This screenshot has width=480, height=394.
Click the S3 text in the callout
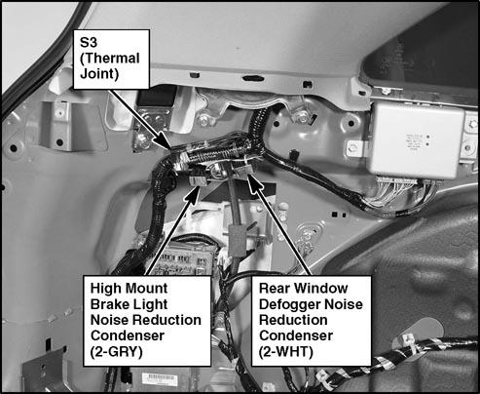[x=89, y=42]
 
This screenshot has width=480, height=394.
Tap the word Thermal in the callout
[x=110, y=59]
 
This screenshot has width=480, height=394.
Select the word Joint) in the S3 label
[x=99, y=74]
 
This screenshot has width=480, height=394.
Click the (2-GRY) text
[x=117, y=351]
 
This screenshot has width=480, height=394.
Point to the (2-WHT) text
[x=286, y=351]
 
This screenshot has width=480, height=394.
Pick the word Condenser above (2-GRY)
[x=128, y=335]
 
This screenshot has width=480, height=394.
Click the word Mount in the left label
[x=147, y=289]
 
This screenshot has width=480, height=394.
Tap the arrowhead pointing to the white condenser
[x=255, y=182]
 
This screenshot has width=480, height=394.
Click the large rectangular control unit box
[x=417, y=139]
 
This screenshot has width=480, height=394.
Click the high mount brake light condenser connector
[x=199, y=178]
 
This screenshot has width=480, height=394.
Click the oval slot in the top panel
[x=251, y=78]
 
